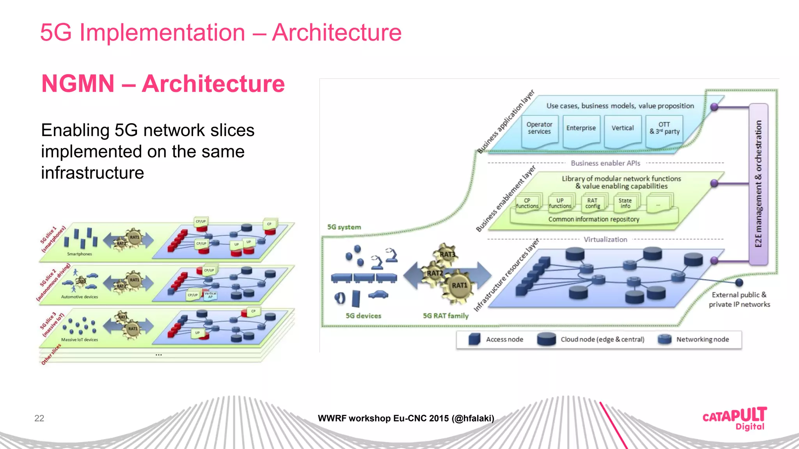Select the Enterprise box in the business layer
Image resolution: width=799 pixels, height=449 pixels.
click(581, 129)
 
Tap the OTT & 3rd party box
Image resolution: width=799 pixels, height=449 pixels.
click(664, 129)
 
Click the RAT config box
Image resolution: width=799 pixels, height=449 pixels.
click(592, 203)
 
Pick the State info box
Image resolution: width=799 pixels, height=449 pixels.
click(625, 203)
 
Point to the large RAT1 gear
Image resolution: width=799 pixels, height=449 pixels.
click(459, 286)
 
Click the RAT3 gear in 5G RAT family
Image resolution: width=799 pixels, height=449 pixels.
click(447, 254)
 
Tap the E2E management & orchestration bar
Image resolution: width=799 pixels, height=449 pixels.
click(758, 184)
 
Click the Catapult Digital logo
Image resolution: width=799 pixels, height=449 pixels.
click(735, 419)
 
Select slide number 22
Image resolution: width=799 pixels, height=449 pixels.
click(39, 418)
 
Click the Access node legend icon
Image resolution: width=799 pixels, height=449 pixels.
click(474, 339)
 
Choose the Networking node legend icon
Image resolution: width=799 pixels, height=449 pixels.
click(664, 339)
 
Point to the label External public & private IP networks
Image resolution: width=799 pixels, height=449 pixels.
click(739, 300)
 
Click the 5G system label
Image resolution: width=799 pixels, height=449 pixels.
click(344, 227)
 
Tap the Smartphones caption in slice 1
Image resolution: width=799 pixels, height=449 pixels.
click(79, 254)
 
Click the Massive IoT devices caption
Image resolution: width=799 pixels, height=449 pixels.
click(79, 340)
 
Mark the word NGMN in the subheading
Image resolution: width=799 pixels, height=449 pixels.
click(78, 84)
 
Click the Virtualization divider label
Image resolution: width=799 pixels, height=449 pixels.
click(605, 240)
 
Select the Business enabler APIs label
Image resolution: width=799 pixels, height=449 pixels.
click(605, 163)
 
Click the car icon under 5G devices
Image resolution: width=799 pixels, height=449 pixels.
click(378, 295)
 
